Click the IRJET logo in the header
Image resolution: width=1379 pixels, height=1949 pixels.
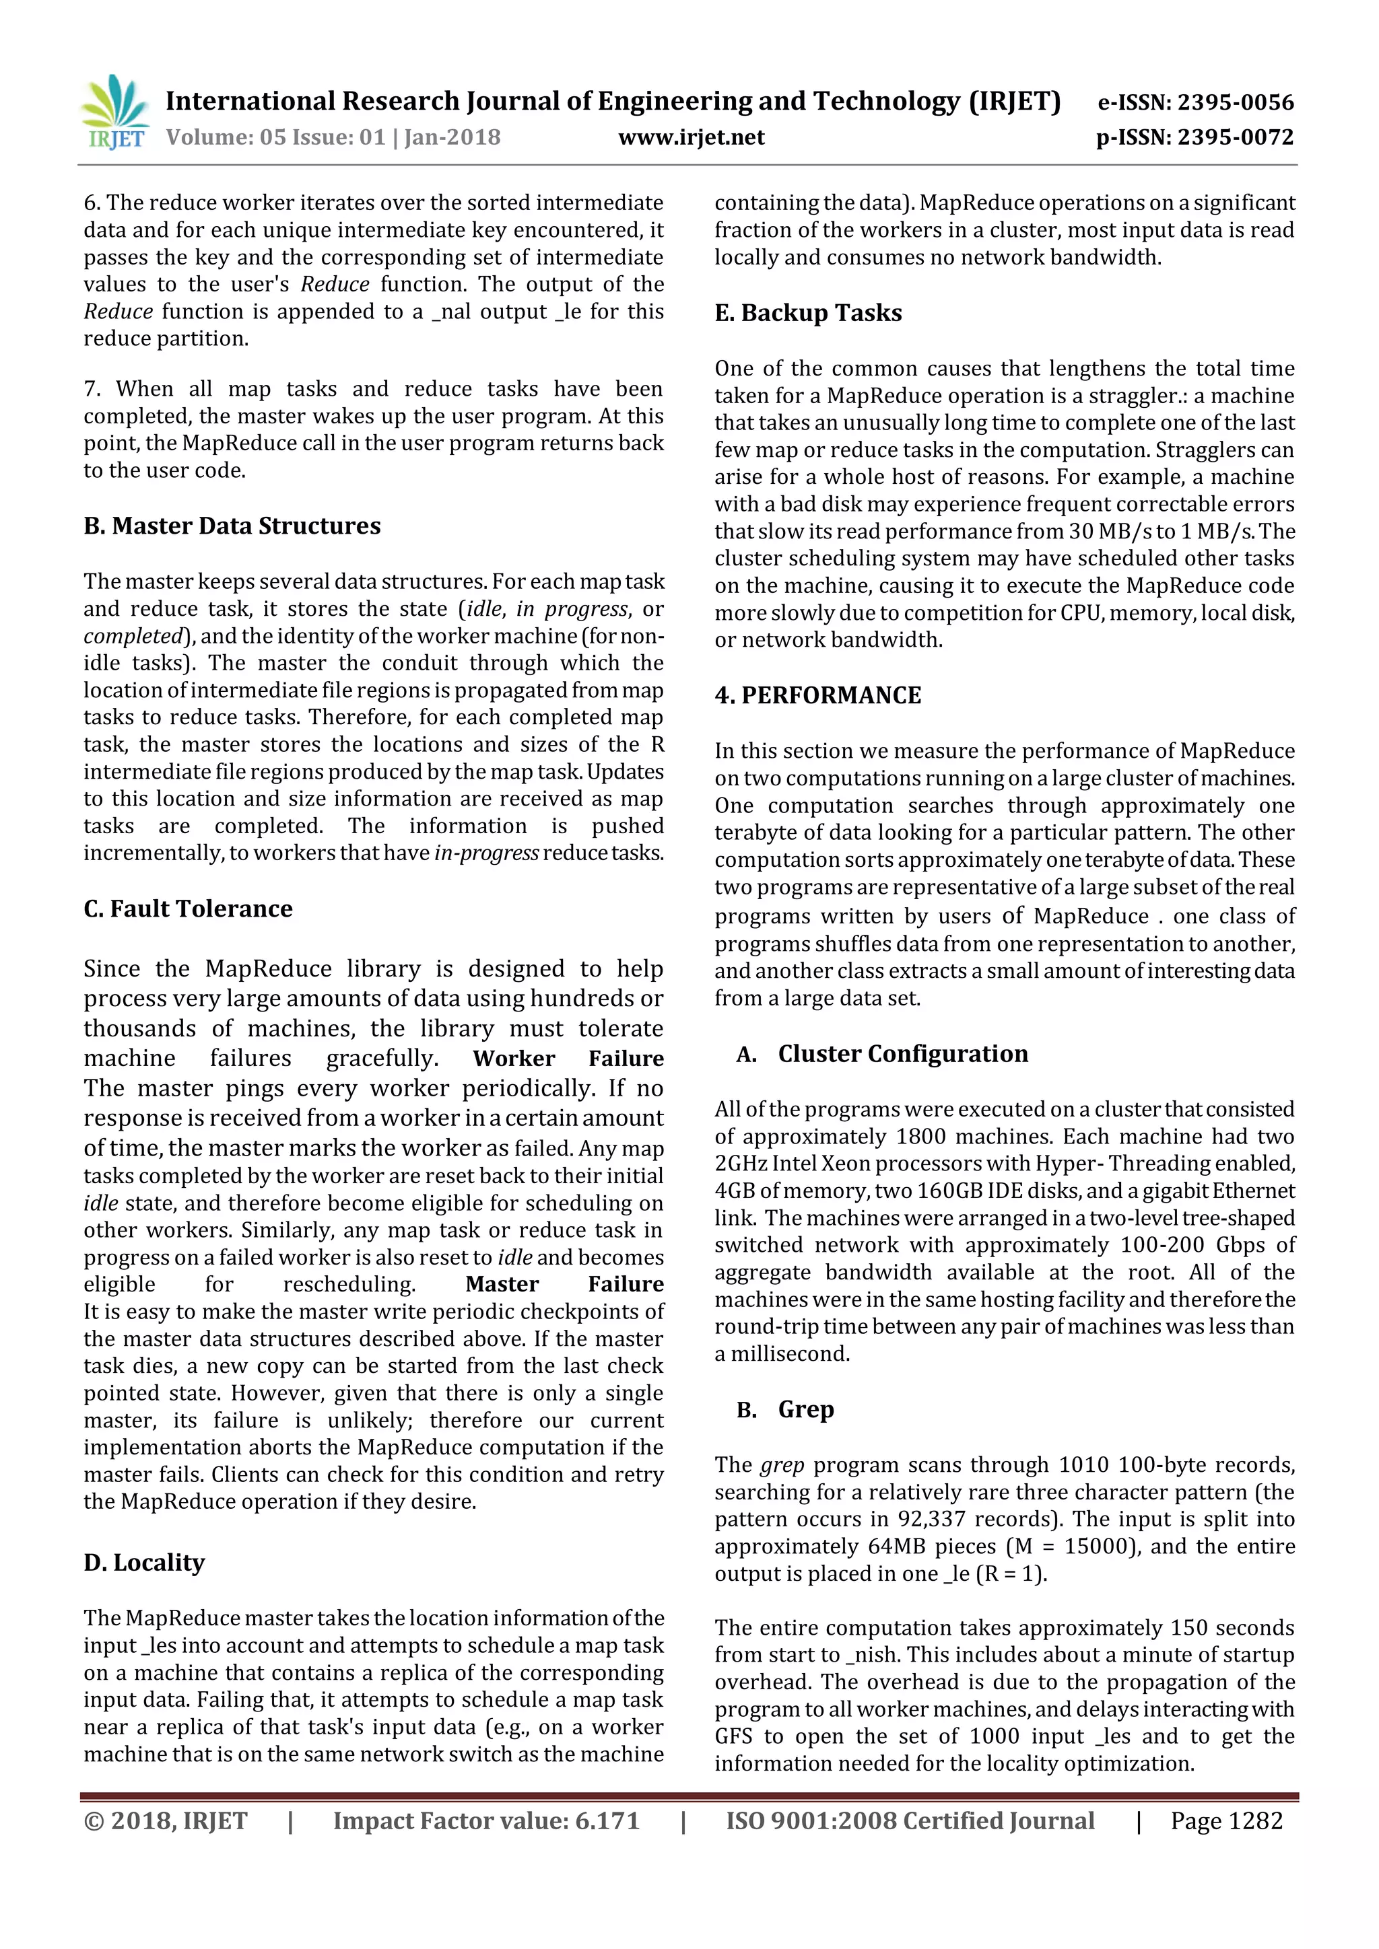[x=114, y=113]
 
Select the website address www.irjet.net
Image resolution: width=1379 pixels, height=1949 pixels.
[x=692, y=137]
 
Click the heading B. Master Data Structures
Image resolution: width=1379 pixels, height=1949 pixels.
[x=232, y=526]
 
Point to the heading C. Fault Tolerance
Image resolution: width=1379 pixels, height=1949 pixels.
[x=188, y=909]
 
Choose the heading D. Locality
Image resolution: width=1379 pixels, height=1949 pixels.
[x=144, y=1563]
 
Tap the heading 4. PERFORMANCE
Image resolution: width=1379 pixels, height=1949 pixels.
[x=817, y=696]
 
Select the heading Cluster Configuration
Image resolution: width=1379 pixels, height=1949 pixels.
[x=903, y=1055]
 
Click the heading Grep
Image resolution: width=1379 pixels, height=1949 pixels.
[x=806, y=1409]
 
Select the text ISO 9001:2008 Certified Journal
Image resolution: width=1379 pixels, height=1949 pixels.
[x=910, y=1821]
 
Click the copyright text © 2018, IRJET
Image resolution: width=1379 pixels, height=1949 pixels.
[x=166, y=1821]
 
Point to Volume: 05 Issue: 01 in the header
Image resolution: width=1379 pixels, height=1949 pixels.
[x=276, y=137]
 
